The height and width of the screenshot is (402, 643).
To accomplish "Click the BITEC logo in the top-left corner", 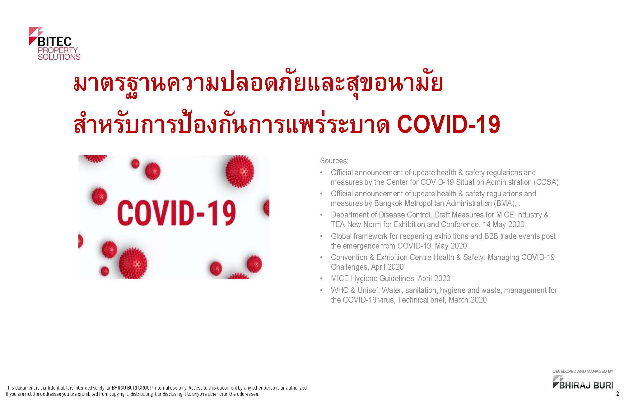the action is pos(54,43).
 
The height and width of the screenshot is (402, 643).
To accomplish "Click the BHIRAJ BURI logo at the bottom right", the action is pos(583,382).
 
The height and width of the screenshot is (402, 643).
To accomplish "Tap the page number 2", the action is pos(617,394).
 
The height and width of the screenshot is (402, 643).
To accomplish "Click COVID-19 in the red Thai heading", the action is pos(449,125).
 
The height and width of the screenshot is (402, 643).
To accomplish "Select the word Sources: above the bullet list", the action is pos(334,161).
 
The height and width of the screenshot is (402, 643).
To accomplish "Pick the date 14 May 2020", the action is pos(504,224).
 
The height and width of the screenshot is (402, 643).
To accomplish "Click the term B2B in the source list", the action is pos(491,236).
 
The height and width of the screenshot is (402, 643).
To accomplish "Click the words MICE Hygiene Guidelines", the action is pos(373,278).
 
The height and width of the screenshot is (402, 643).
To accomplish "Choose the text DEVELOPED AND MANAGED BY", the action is pos(583,371).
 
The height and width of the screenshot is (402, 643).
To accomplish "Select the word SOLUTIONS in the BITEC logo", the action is pos(59,57).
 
